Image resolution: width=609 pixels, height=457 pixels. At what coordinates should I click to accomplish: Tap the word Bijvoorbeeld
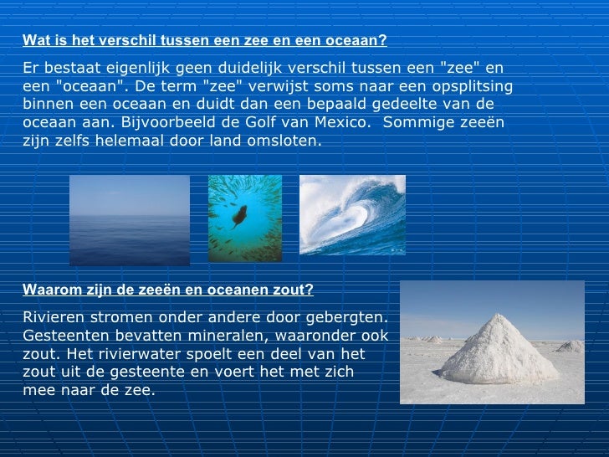pos(166,122)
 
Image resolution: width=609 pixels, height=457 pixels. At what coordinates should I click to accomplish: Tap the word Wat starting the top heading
pos(33,40)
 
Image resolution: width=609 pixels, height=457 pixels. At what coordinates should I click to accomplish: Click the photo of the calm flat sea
pos(129,220)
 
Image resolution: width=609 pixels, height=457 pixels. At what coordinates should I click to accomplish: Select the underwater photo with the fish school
pos(244,218)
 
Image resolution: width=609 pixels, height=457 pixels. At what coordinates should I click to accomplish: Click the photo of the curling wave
pos(352,215)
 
